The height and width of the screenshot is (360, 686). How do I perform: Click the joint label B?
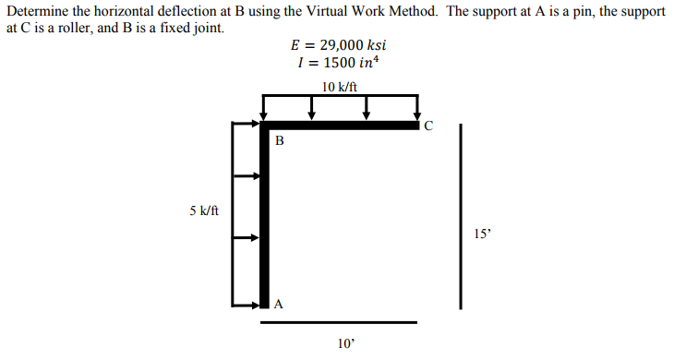[x=280, y=141]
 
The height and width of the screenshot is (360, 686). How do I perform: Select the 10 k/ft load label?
[x=340, y=87]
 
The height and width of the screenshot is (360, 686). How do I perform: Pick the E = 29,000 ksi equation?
[x=340, y=44]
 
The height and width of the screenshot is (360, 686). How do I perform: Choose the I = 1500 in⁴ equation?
[x=339, y=63]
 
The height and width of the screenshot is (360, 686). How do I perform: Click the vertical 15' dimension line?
[x=460, y=217]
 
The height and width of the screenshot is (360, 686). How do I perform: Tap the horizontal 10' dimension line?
[x=338, y=322]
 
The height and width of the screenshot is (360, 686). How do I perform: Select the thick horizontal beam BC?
[x=342, y=125]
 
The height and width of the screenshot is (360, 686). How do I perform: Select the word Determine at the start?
[x=34, y=11]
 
